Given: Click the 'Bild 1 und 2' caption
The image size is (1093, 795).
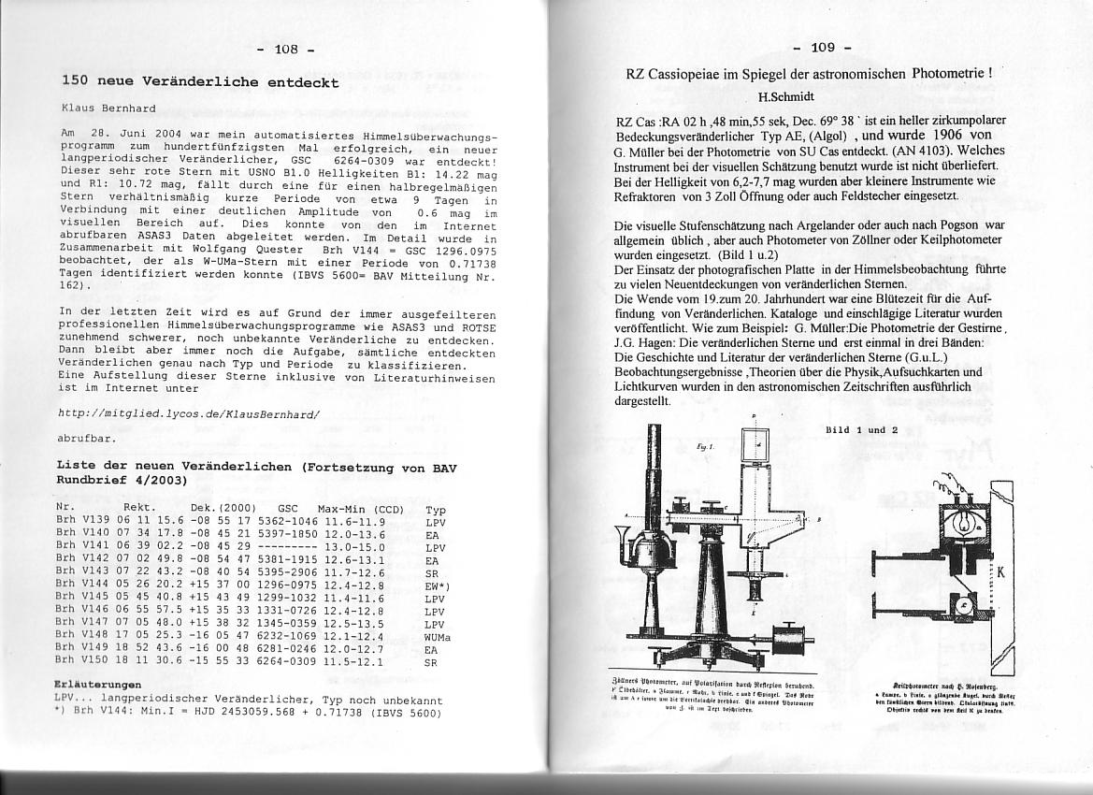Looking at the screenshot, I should [x=861, y=430].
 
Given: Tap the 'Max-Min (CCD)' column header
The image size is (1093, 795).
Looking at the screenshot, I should [x=360, y=510].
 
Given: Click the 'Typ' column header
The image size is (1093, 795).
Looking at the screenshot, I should [x=435, y=511].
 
